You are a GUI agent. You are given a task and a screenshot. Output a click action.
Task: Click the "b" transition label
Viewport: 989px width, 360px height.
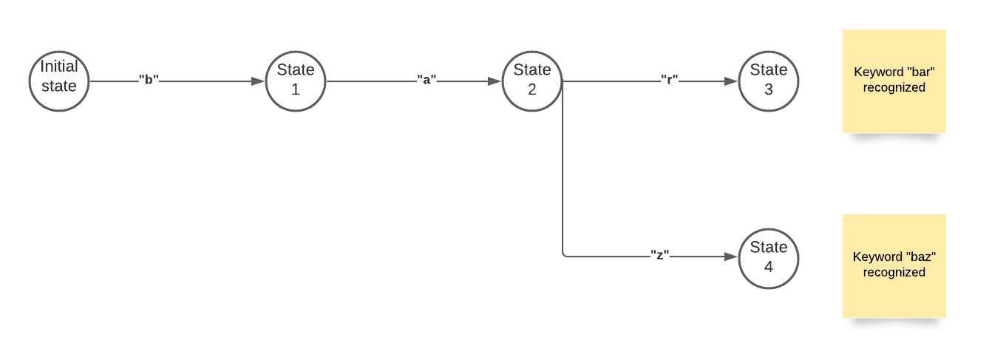[149, 80]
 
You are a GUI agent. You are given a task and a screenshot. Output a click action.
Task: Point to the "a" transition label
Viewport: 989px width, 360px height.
[426, 80]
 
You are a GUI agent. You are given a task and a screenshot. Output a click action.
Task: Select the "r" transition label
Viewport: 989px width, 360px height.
[670, 80]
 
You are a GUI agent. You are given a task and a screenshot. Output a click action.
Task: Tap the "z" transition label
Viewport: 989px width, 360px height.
[659, 255]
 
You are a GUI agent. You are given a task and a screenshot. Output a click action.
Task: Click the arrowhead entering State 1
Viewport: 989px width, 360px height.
[258, 81]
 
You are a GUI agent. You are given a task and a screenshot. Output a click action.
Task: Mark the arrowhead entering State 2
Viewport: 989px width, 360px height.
[494, 81]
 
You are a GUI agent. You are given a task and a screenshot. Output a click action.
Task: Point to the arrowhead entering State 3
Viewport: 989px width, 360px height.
[731, 81]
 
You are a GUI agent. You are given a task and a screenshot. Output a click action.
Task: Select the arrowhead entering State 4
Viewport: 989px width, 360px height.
[731, 257]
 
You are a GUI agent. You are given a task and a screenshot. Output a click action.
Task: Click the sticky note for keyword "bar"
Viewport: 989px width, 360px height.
[894, 81]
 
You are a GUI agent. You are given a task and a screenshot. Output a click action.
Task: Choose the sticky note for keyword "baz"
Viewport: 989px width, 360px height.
[894, 266]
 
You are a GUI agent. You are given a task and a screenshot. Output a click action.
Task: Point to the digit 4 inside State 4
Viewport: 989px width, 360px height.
[769, 267]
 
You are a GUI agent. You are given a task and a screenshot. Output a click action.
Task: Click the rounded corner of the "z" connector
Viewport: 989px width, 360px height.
[564, 255]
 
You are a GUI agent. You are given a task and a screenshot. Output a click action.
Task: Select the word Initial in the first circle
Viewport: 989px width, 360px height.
[58, 67]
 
